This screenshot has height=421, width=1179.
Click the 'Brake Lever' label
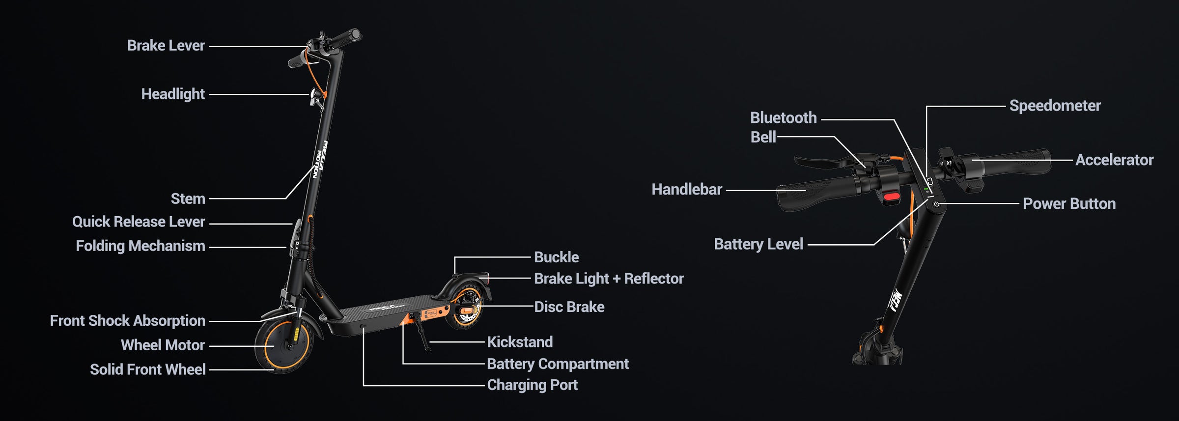click(166, 46)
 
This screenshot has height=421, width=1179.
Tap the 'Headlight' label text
click(172, 94)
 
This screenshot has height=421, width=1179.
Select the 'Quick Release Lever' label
click(138, 222)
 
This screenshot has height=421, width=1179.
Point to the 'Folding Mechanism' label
click(140, 246)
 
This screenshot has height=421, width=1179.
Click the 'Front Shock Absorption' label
click(127, 321)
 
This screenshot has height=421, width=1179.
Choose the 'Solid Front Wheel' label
click(147, 369)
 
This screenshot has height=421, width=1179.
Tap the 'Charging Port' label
click(532, 385)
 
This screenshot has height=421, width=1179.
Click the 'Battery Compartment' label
click(558, 364)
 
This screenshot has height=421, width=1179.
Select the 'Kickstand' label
click(520, 342)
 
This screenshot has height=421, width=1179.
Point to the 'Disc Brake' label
click(569, 307)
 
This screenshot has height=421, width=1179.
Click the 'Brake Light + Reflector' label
click(609, 279)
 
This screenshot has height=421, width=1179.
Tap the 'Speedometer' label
click(1055, 106)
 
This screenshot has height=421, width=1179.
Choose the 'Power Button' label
click(1069, 204)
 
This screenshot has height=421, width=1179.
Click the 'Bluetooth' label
click(783, 118)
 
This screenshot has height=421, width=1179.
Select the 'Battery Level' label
click(758, 245)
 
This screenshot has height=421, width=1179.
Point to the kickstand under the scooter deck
click(423, 339)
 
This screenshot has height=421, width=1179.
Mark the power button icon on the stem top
click(936, 204)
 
